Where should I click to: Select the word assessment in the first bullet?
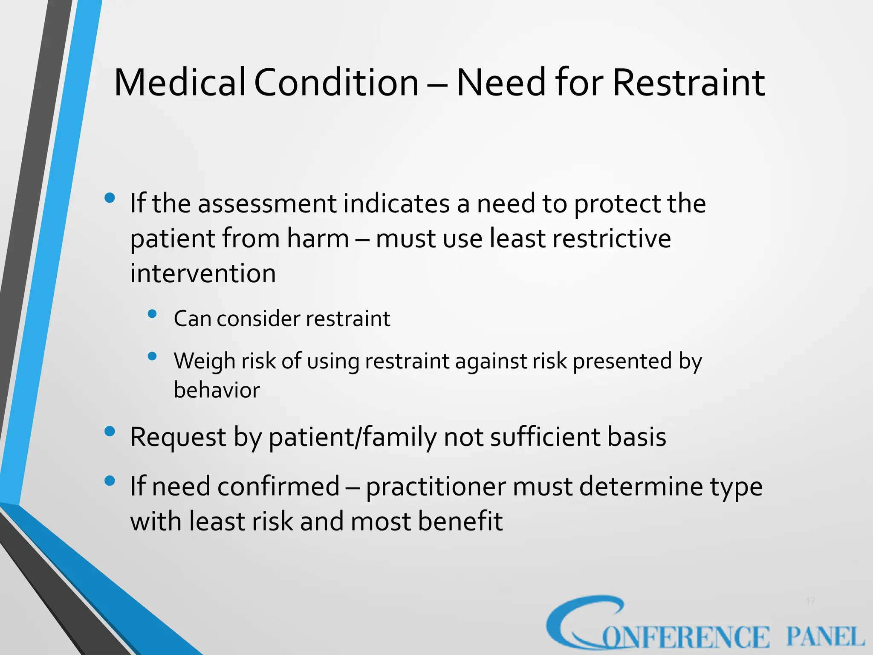[x=268, y=203]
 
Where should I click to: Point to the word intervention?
[x=203, y=273]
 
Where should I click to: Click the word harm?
[x=318, y=238]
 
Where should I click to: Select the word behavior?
[x=217, y=390]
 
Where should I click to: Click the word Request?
[x=178, y=437]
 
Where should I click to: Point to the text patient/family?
[x=353, y=437]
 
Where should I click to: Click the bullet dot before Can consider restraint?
[x=152, y=315]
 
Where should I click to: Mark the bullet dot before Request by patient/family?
[x=110, y=432]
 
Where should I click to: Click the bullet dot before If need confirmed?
[x=110, y=481]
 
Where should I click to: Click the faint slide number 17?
[x=810, y=601]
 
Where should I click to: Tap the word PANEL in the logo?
[x=825, y=637]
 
